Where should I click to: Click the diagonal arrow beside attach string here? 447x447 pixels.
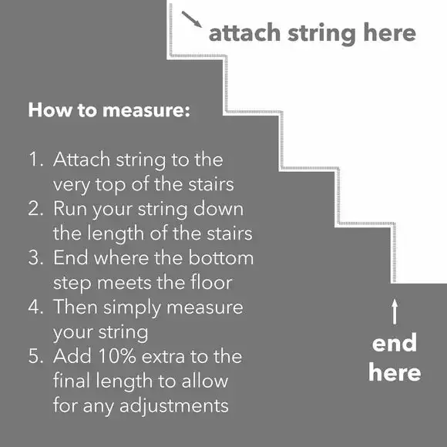point(192,19)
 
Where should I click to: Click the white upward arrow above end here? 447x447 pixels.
point(395,312)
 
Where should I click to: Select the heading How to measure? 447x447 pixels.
point(109,109)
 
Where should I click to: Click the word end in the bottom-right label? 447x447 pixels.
point(395,343)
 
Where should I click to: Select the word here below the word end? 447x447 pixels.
point(395,373)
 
